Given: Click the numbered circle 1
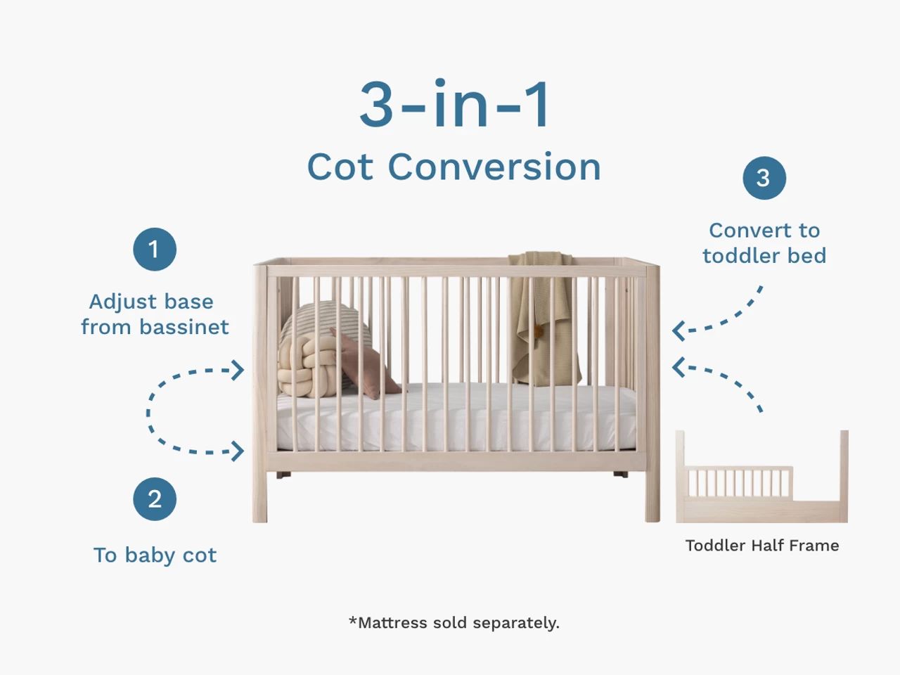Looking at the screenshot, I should [154, 250].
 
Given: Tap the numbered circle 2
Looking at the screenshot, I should [155, 499].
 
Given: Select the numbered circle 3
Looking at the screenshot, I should [764, 178].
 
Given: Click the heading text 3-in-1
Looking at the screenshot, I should [455, 105].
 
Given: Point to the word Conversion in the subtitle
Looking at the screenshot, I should [494, 167].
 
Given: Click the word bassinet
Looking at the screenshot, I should [184, 327].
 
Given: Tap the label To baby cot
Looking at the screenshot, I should [155, 555].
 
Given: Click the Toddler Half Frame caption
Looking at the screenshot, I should [762, 546].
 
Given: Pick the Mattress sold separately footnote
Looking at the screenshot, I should [454, 623].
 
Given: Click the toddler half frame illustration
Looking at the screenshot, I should [761, 485].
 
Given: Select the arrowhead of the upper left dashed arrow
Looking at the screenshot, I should [239, 370].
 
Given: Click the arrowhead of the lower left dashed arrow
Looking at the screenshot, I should [239, 451].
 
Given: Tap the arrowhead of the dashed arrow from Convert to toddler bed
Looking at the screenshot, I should [677, 330].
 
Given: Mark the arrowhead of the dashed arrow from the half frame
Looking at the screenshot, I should [677, 366].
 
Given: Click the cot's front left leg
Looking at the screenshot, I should [260, 492].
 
